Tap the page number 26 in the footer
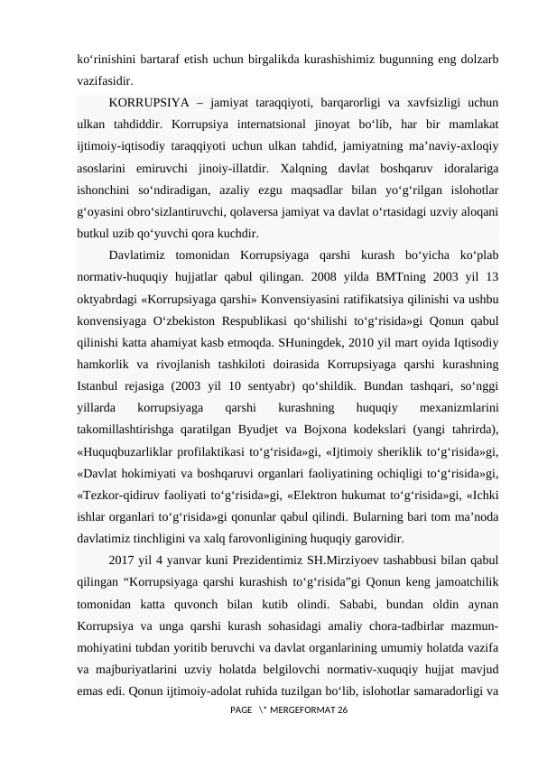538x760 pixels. pos(342,712)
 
